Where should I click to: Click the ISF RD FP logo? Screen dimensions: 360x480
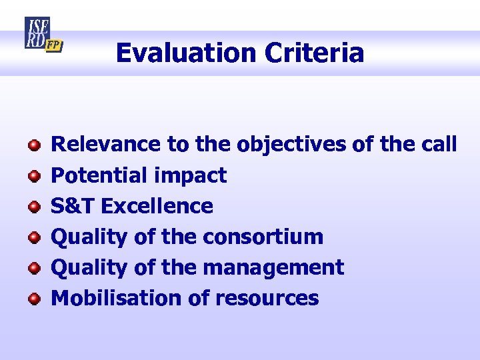43,35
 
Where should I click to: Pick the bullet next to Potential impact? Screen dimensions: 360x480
33,176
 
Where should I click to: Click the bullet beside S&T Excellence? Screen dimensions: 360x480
33,207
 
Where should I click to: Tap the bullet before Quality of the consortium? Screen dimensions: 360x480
33,237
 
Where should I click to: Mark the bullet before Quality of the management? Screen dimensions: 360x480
33,268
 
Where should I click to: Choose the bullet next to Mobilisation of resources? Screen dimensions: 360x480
33,299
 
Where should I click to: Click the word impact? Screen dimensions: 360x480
190,176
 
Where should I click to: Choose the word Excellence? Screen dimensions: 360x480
157,206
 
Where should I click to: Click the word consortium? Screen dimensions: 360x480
263,237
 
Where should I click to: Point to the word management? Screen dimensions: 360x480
273,268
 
